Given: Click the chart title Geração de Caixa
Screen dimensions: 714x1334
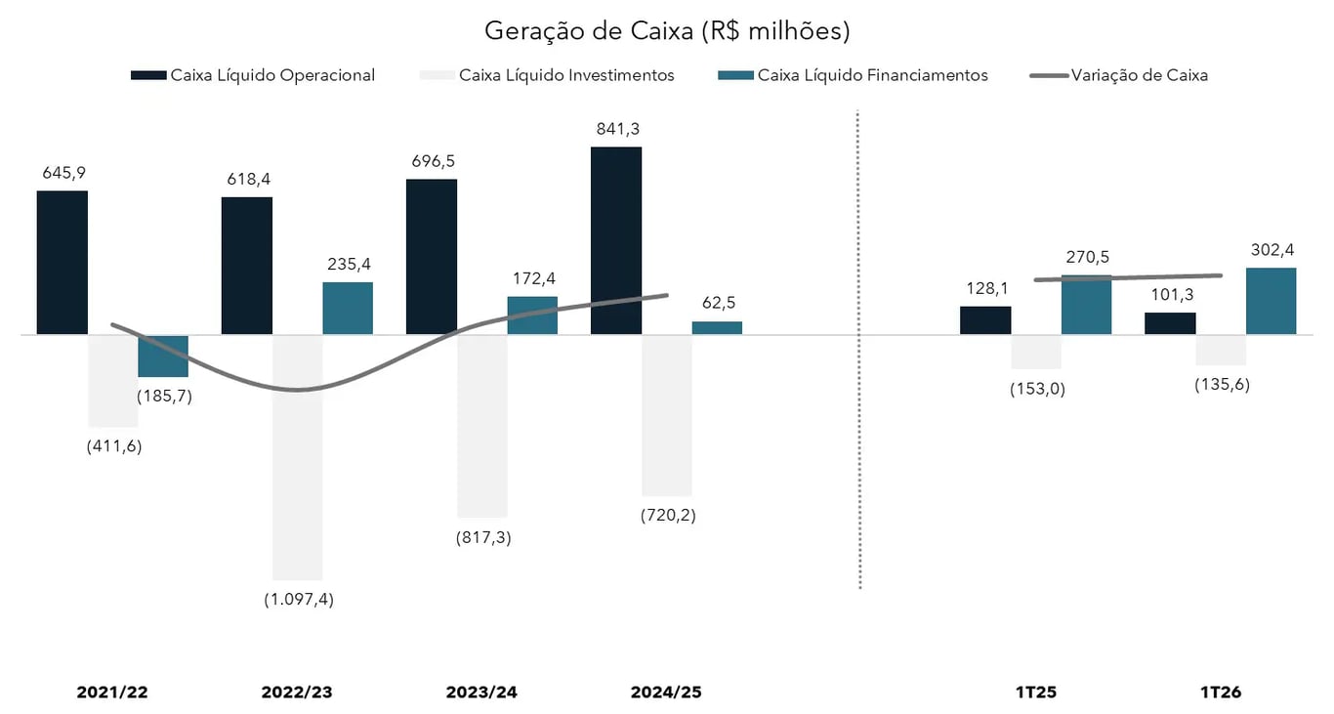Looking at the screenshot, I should [x=667, y=31].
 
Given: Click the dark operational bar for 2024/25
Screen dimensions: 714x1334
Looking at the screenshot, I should [x=616, y=240].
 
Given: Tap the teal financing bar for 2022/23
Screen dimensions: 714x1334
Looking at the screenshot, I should [x=348, y=308].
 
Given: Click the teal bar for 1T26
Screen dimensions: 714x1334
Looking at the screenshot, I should [x=1271, y=301].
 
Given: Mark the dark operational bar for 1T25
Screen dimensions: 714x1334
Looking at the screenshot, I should [x=985, y=320].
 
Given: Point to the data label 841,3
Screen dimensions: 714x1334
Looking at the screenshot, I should [x=616, y=129].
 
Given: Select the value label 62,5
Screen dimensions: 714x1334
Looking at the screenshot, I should [x=717, y=303].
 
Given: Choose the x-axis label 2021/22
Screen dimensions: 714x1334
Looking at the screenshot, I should [x=112, y=693].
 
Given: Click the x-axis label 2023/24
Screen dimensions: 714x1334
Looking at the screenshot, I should [x=481, y=693].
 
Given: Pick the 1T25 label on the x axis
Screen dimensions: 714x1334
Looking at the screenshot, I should [x=1036, y=693].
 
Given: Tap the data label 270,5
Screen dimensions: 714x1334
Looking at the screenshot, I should [x=1086, y=258].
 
